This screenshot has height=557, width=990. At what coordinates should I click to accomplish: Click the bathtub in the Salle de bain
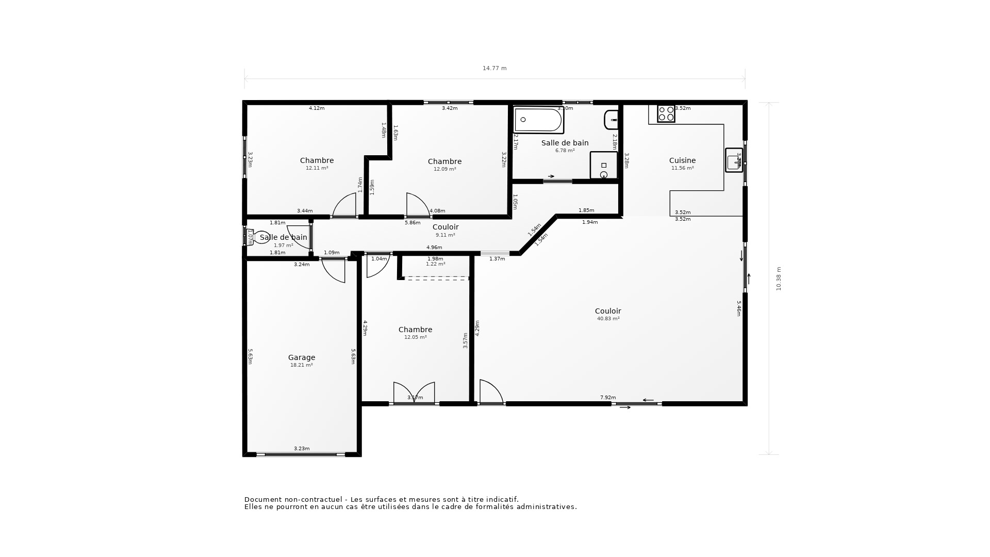pos(538,120)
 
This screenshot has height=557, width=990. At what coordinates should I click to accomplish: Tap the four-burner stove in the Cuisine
pos(666,113)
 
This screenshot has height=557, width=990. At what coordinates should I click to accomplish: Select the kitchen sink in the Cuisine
pos(733,160)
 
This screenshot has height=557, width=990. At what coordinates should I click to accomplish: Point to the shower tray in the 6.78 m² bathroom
pos(604,165)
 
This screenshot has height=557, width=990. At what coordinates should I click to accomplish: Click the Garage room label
pos(302,357)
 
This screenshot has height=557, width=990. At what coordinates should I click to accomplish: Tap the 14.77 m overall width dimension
pos(494,68)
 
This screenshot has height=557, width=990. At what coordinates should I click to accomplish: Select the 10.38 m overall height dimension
pos(779,278)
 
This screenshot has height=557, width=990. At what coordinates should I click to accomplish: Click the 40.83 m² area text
pos(608,319)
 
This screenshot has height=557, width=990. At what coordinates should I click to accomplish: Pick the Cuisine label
pos(682,160)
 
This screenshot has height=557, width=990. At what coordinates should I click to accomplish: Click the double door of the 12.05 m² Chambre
pos(414,393)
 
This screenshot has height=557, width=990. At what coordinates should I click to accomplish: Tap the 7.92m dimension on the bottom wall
pos(608,398)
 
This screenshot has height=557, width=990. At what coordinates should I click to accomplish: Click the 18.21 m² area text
pos(302,365)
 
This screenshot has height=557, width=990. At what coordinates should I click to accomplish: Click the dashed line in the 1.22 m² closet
pos(436,278)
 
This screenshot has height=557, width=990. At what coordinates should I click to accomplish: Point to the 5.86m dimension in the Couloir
pos(412,223)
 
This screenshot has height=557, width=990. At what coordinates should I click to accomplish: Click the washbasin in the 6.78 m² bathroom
pos(611,120)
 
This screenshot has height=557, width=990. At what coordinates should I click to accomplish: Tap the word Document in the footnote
pos(263,499)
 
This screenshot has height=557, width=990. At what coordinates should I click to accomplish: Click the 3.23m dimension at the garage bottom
pos(302,449)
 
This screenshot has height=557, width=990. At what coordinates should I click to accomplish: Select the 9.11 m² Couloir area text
pos(445,235)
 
